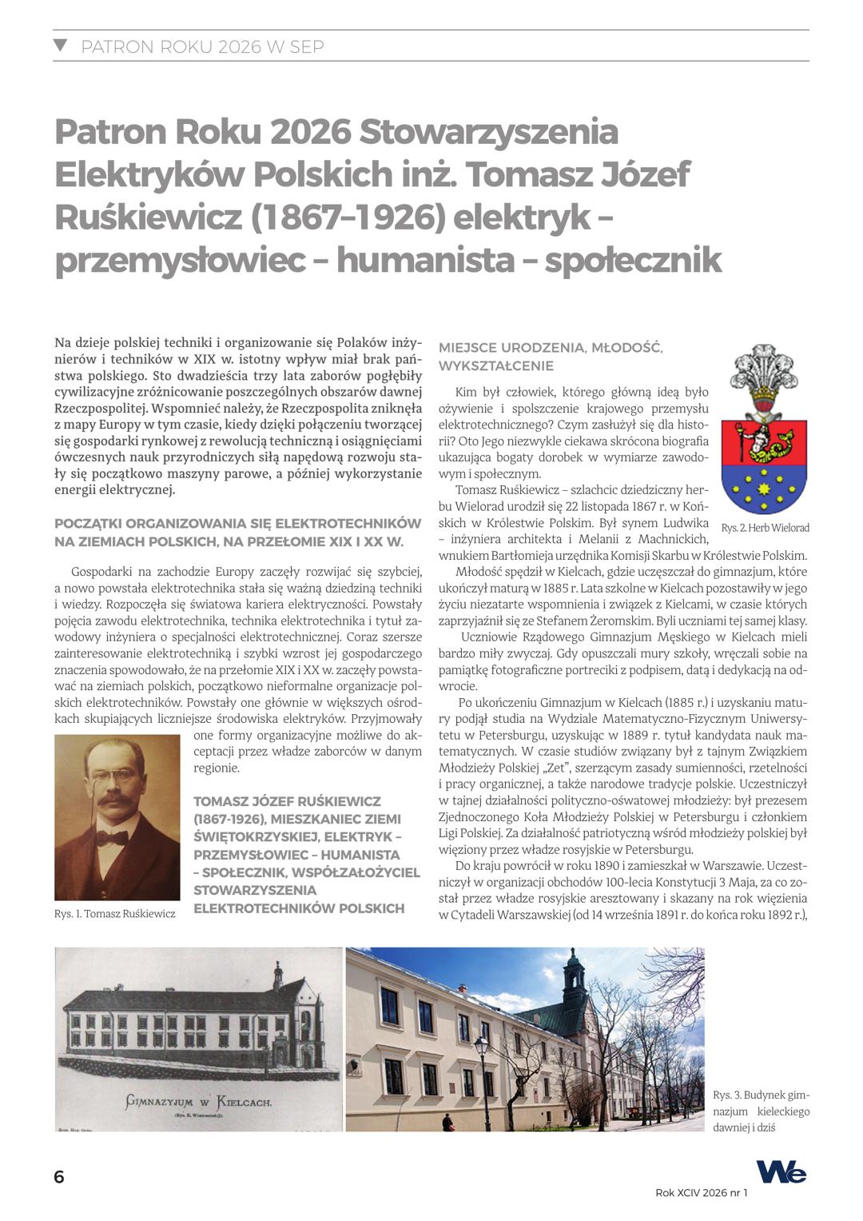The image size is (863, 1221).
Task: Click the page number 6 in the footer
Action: [59, 1177]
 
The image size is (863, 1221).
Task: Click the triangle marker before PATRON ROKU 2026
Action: [60, 46]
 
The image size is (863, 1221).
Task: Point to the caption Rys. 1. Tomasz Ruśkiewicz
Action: [115, 913]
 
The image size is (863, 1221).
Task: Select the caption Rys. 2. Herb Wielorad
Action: [765, 529]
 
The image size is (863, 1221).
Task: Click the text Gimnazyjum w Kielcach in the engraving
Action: [198, 1102]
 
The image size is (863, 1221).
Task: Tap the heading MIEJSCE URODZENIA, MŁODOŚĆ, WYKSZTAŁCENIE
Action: [551, 357]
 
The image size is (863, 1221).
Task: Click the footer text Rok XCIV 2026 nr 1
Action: [701, 1192]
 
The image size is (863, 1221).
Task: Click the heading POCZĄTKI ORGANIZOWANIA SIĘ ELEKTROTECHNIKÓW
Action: [237, 524]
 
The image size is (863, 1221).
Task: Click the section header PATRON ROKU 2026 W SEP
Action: [202, 46]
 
